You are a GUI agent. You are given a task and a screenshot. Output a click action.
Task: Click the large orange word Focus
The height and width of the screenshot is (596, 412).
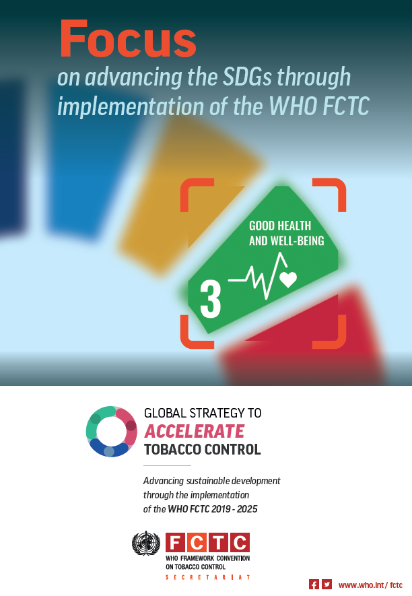[128, 38]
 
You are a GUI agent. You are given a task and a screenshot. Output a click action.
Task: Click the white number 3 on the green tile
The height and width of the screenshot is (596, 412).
[210, 299]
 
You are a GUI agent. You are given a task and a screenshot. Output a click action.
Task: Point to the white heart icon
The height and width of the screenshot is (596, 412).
[288, 279]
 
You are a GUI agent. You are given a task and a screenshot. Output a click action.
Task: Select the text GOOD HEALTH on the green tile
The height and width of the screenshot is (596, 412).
[280, 226]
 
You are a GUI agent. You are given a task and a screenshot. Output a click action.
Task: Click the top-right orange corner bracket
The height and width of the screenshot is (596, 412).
[334, 191]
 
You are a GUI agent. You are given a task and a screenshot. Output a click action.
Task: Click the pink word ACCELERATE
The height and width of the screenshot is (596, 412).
[195, 431]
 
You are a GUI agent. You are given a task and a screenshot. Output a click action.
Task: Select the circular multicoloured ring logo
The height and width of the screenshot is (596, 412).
[112, 432]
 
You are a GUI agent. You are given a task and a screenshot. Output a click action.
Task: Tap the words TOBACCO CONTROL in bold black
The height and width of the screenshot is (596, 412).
[202, 449]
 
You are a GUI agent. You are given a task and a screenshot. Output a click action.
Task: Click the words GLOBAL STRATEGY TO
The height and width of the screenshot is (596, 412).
[203, 413]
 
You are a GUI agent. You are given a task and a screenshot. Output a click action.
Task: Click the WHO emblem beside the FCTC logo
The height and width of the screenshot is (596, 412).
[146, 543]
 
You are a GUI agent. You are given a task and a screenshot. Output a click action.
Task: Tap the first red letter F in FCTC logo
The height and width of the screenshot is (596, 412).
[175, 543]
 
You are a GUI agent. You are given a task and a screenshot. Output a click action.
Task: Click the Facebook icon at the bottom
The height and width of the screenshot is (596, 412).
[314, 585]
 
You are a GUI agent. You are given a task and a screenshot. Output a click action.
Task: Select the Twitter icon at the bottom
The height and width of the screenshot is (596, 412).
[327, 585]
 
